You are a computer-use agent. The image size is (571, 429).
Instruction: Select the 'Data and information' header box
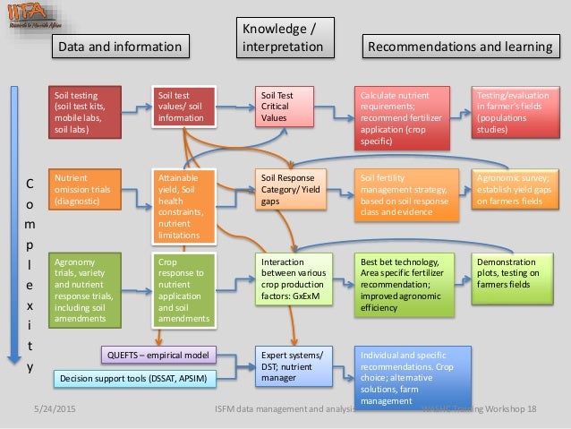click(119, 45)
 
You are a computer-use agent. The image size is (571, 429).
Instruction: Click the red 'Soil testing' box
click(85, 111)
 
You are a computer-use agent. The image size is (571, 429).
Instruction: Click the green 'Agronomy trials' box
click(85, 287)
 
